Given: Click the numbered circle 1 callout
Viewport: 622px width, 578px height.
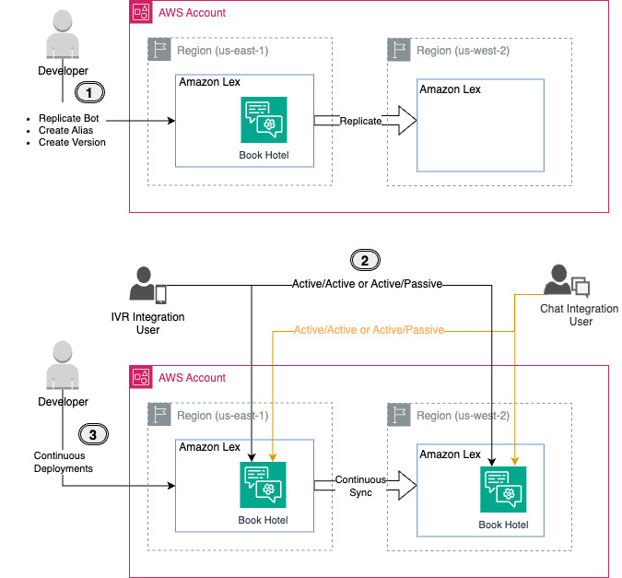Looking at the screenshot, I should [89, 92].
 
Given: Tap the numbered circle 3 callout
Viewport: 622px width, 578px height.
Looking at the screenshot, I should [89, 432].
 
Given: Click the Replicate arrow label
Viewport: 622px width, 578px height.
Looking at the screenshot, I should [359, 121].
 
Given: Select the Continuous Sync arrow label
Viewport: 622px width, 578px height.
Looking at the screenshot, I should [354, 486].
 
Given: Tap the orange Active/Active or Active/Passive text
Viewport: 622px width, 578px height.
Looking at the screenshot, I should [369, 329].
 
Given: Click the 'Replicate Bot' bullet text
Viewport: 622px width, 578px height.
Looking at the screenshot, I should [68, 119].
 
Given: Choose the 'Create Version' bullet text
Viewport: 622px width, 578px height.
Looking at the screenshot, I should [72, 143].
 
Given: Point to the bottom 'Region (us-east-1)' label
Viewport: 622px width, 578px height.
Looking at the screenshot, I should [220, 415].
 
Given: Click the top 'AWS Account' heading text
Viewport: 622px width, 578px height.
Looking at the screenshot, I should [193, 13].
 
